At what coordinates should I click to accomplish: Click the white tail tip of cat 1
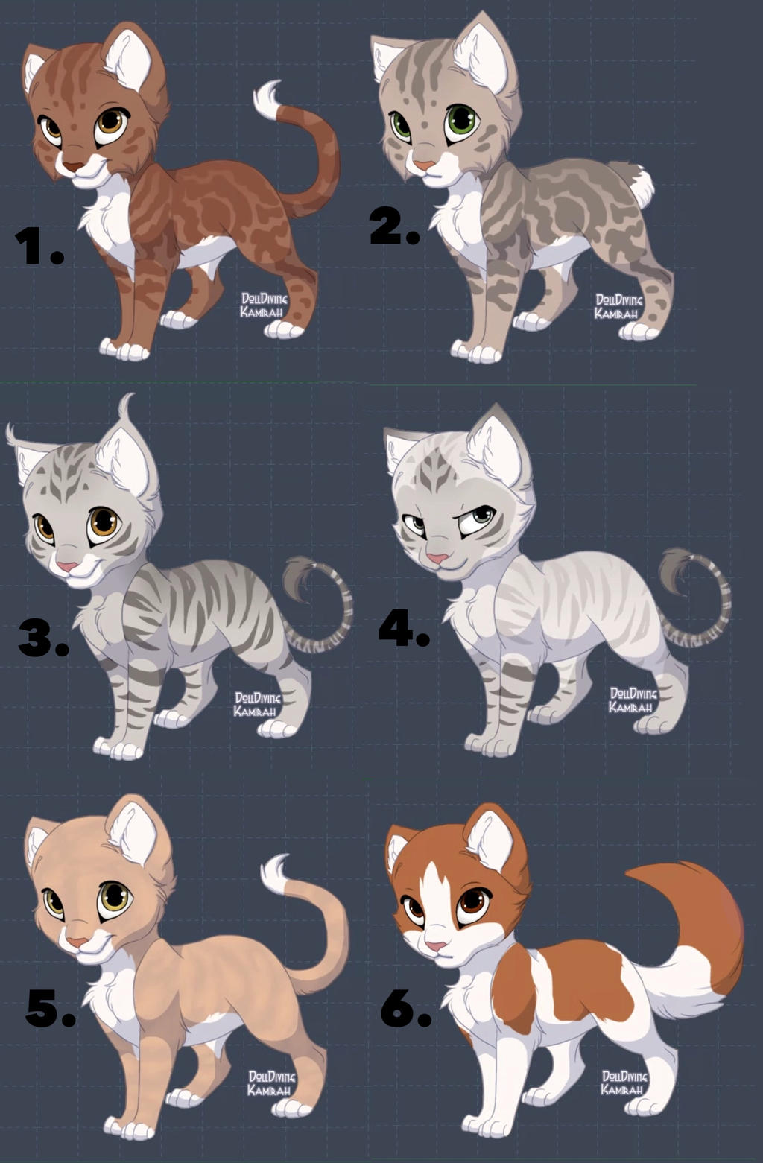tap(267, 100)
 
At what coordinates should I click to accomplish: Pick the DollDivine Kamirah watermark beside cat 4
tap(633, 700)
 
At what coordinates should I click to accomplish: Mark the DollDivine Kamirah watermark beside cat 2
tap(618, 307)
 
